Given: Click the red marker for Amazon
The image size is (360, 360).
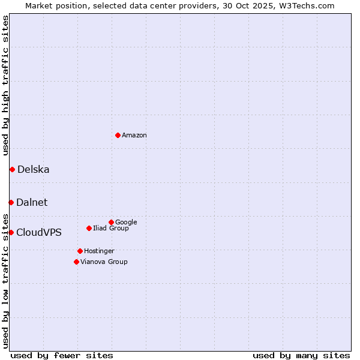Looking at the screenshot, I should pyautogui.click(x=118, y=135).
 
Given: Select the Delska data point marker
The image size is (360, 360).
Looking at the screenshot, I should pyautogui.click(x=12, y=169).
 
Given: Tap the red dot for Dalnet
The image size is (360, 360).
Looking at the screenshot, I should pyautogui.click(x=11, y=202).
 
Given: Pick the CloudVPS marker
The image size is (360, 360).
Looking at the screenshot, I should pyautogui.click(x=11, y=232).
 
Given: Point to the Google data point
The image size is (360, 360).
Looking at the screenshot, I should pyautogui.click(x=111, y=222).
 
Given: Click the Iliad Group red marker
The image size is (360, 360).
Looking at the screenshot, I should pyautogui.click(x=89, y=228).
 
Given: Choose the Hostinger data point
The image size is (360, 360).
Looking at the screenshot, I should pyautogui.click(x=80, y=251).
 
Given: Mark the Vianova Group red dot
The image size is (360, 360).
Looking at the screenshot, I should pyautogui.click(x=76, y=262).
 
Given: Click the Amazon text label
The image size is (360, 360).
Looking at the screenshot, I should pyautogui.click(x=134, y=136).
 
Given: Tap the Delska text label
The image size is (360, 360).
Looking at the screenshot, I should pyautogui.click(x=34, y=170).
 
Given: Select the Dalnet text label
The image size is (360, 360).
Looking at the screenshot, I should pyautogui.click(x=32, y=203).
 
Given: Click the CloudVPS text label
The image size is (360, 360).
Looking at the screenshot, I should pyautogui.click(x=39, y=233).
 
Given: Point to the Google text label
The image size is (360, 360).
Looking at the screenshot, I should pyautogui.click(x=126, y=223).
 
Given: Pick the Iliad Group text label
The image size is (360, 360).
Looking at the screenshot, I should pyautogui.click(x=111, y=229).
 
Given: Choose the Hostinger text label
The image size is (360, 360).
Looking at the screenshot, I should pyautogui.click(x=99, y=251).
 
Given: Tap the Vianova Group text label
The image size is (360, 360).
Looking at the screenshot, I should pyautogui.click(x=104, y=262).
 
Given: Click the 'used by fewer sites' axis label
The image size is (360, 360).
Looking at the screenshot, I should pyautogui.click(x=62, y=355).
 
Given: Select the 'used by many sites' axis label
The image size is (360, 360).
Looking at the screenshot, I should pyautogui.click(x=301, y=355).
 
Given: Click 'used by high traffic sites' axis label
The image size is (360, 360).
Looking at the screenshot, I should pyautogui.click(x=5, y=85).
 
